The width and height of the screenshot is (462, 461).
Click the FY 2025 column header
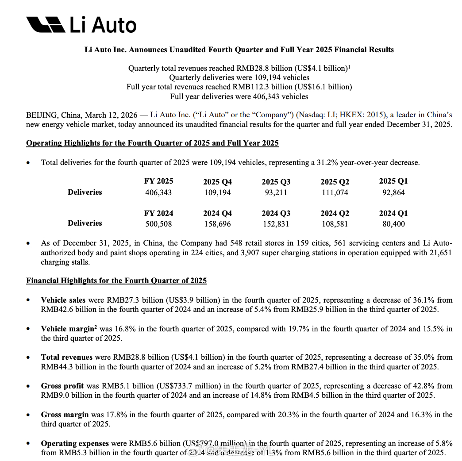[x=158, y=181]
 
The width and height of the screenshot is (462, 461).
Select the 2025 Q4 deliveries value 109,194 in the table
[x=217, y=192]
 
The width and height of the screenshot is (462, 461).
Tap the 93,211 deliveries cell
[x=276, y=192]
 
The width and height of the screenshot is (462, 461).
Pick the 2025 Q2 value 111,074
[x=335, y=192]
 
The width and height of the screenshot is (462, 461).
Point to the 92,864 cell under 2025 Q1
[x=393, y=192]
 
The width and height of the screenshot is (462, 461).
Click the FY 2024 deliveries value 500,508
[x=158, y=224]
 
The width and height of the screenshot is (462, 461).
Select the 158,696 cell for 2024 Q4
[x=217, y=224]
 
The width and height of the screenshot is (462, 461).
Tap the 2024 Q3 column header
[x=276, y=213]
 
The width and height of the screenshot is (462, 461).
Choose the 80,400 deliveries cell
[x=393, y=224]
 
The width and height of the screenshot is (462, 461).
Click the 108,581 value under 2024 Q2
[x=335, y=224]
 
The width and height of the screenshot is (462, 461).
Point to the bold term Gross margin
[x=65, y=415]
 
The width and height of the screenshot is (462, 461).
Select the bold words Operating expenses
[x=75, y=443]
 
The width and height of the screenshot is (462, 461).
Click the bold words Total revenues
[x=67, y=357]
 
